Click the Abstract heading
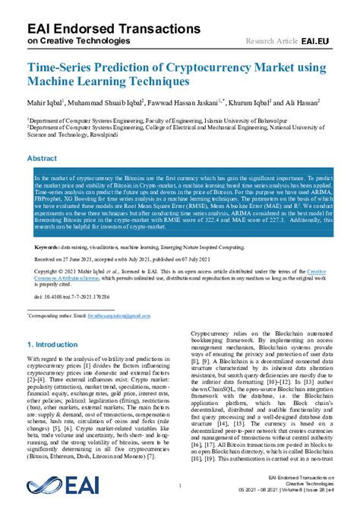42,159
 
